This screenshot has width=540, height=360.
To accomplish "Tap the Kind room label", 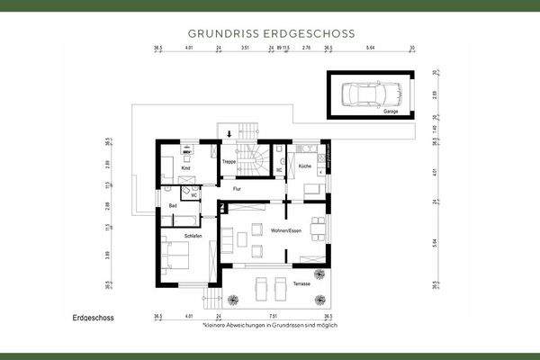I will pos(186,168).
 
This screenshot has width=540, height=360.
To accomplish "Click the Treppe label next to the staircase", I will pos(229,161).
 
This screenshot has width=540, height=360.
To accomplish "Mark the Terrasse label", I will pos(301,283).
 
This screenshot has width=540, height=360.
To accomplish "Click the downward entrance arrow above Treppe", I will pos(229,135).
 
